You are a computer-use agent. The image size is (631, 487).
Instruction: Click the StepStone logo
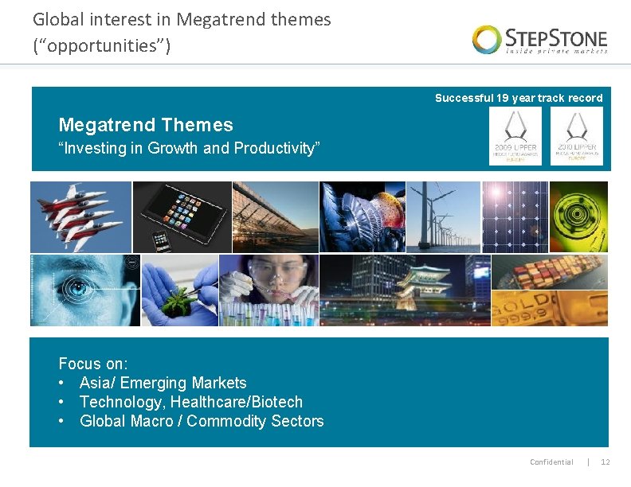pyautogui.click(x=539, y=39)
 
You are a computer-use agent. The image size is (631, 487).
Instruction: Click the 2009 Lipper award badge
pyautogui.click(x=515, y=136)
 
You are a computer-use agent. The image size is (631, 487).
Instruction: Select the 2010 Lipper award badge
pyautogui.click(x=576, y=136)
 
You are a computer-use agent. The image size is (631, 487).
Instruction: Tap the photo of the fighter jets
pyautogui.click(x=80, y=216)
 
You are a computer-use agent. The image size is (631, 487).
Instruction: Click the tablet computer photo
pyautogui.click(x=182, y=216)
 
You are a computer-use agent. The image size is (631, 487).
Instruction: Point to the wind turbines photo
pyautogui.click(x=443, y=216)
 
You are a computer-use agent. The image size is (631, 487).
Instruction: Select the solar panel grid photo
pyautogui.click(x=515, y=216)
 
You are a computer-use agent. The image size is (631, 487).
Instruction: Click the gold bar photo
pyautogui.click(x=549, y=309)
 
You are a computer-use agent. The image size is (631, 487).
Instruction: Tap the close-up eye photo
pyautogui.click(x=84, y=290)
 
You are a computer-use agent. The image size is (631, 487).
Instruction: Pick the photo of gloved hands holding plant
pyautogui.click(x=179, y=290)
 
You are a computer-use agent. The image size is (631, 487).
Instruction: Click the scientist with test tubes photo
pyautogui.click(x=268, y=290)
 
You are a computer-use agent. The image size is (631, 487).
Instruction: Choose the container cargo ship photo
pyautogui.click(x=549, y=272)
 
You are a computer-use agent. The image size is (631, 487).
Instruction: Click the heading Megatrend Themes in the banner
pyautogui.click(x=146, y=125)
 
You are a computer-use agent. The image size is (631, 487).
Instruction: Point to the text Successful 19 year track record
pyautogui.click(x=519, y=98)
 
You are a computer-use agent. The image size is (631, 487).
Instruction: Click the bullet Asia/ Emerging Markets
pyautogui.click(x=163, y=383)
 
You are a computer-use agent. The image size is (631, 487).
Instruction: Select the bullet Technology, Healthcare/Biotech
pyautogui.click(x=191, y=402)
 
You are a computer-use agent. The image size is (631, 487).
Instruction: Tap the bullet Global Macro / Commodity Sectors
pyautogui.click(x=202, y=421)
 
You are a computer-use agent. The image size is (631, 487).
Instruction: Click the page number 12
pyautogui.click(x=605, y=462)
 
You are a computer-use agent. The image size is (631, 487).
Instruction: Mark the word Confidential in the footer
pyautogui.click(x=551, y=462)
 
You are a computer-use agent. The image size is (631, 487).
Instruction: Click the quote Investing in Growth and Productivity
pyautogui.click(x=189, y=148)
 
